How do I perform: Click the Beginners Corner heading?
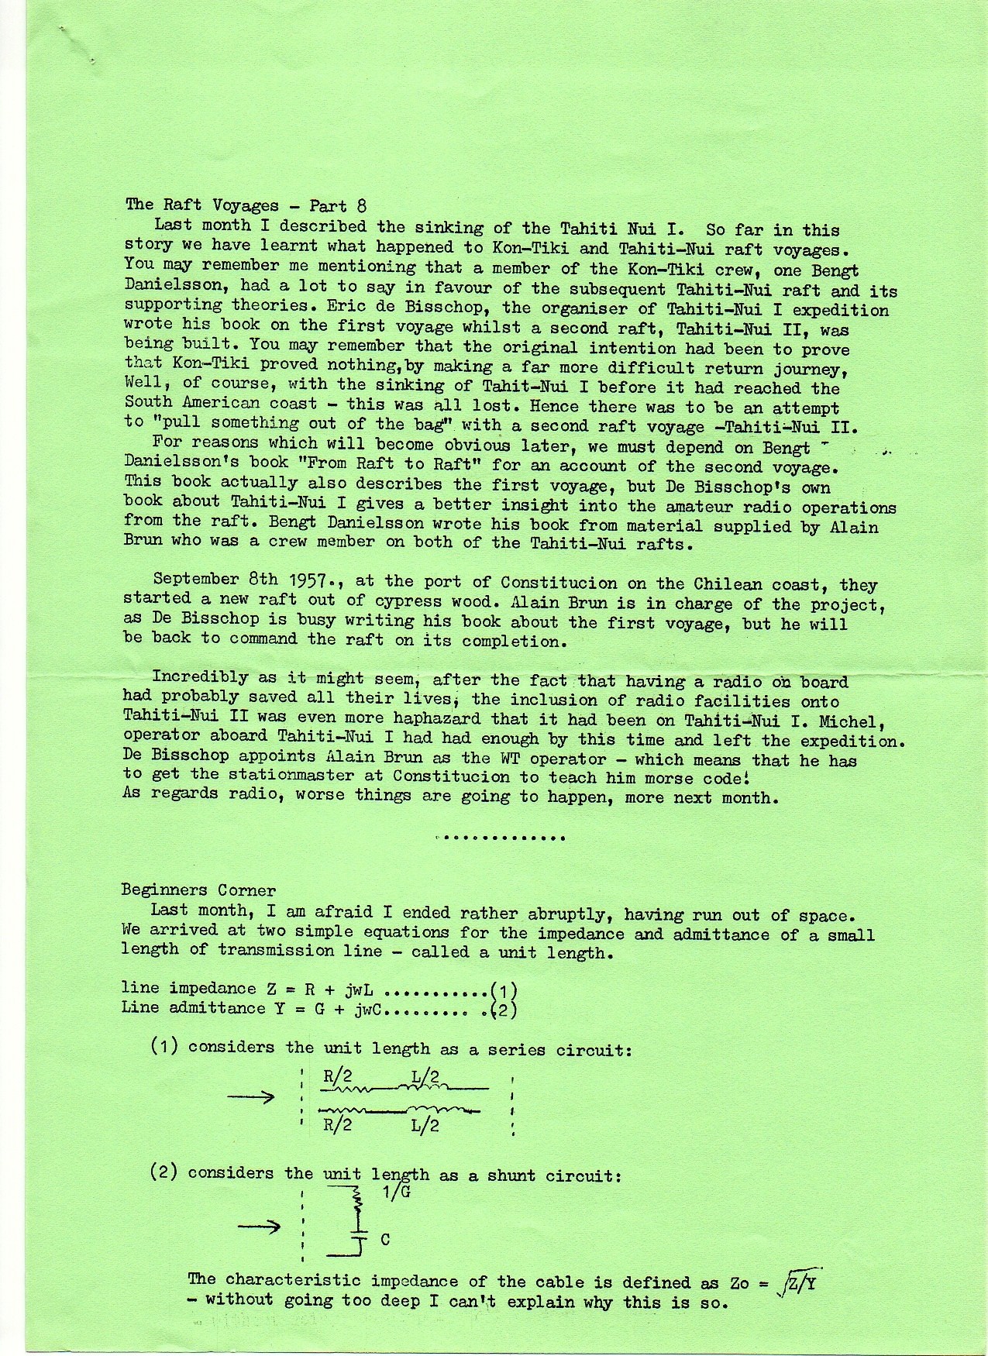pyautogui.click(x=198, y=890)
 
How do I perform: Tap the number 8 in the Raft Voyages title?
pyautogui.click(x=360, y=206)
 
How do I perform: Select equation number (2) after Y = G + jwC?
pyautogui.click(x=504, y=1010)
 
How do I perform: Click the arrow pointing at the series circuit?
pyautogui.click(x=250, y=1097)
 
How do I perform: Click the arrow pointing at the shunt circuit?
pyautogui.click(x=260, y=1226)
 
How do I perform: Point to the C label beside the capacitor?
pyautogui.click(x=385, y=1240)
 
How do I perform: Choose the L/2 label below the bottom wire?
pyautogui.click(x=425, y=1125)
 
